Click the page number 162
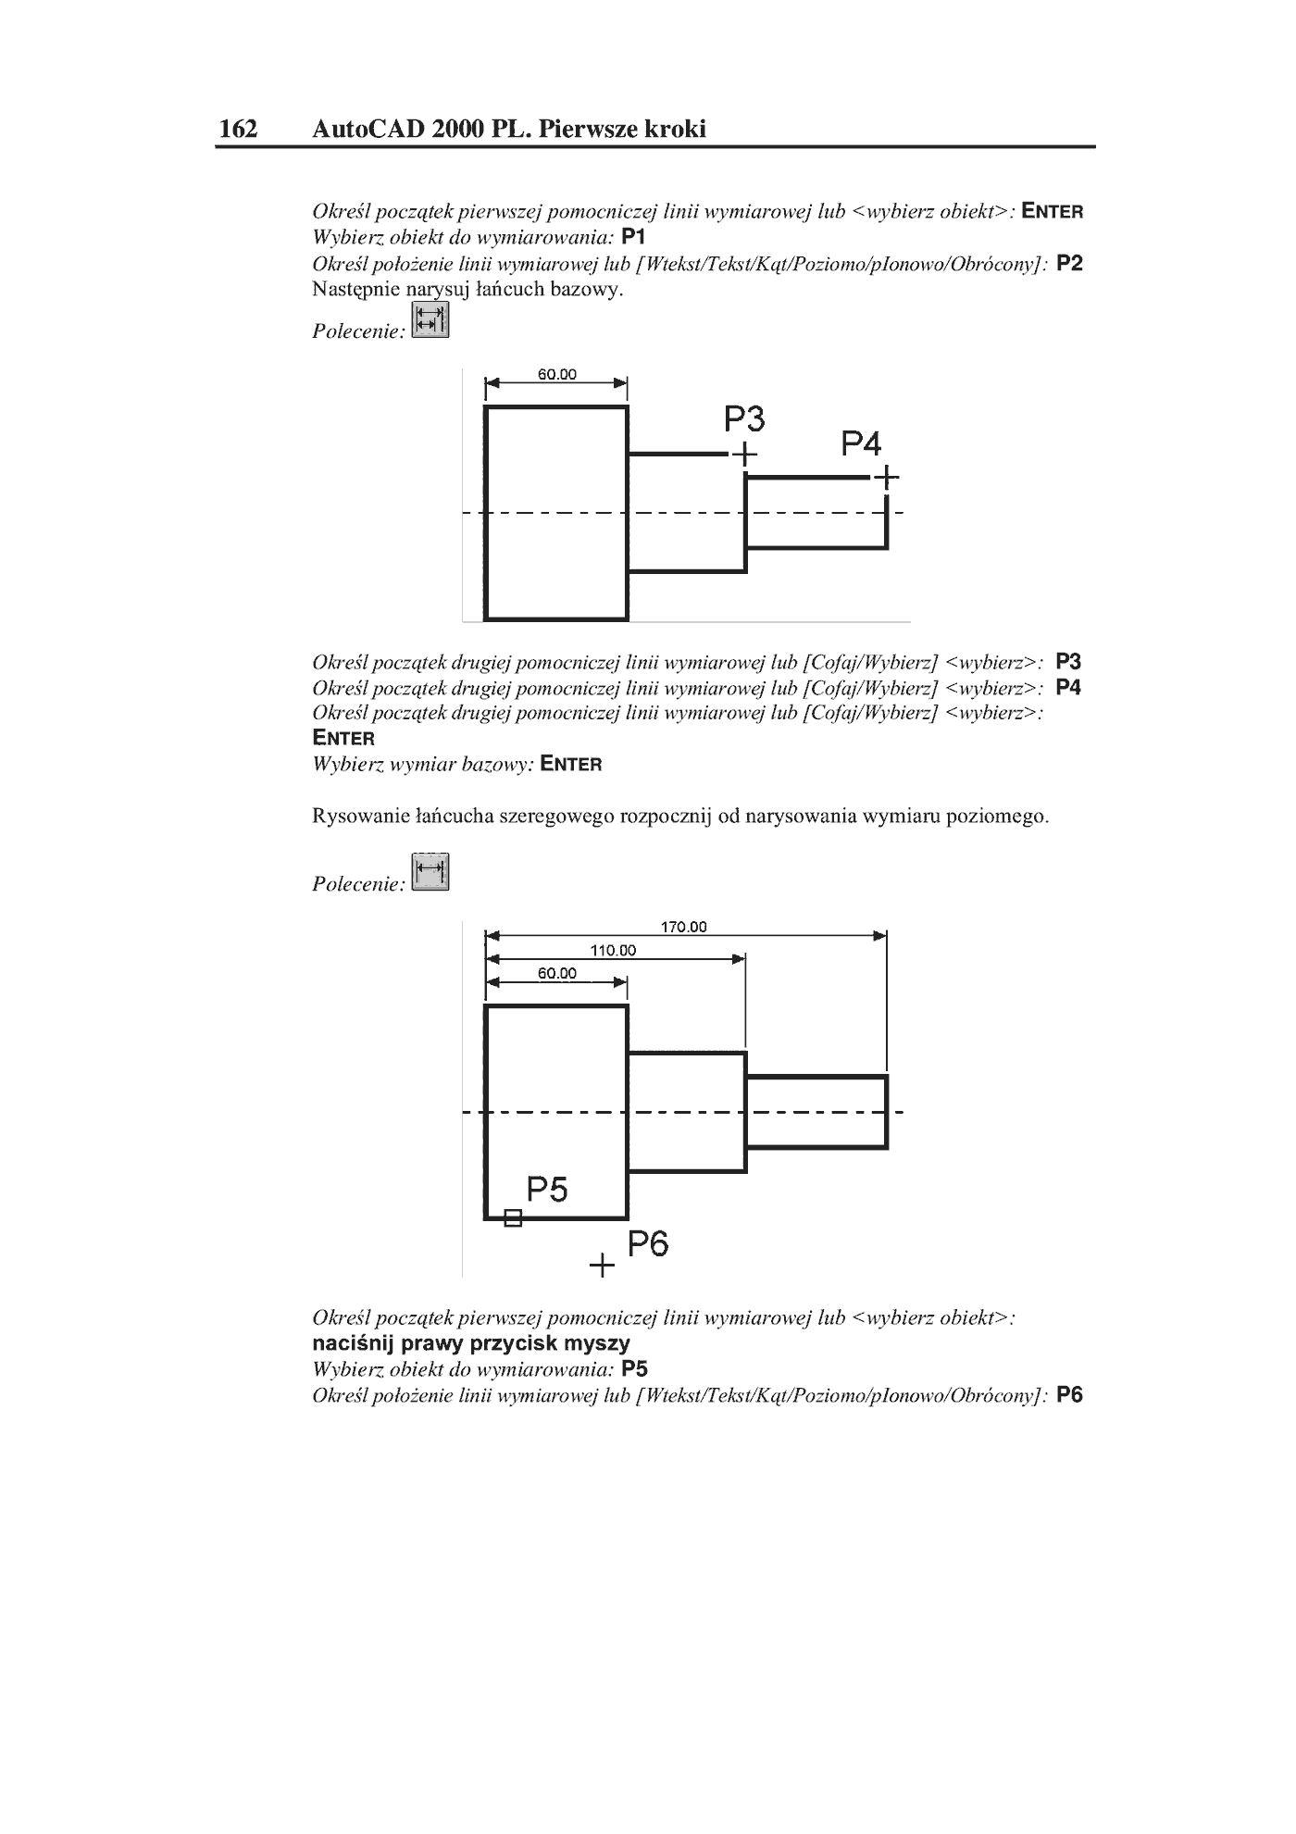point(238,129)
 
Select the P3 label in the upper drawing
point(744,420)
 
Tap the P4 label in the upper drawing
point(861,444)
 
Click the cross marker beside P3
point(744,455)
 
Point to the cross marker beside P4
point(886,478)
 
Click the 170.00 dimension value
point(684,927)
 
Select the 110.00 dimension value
point(614,951)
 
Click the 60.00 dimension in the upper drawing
point(557,375)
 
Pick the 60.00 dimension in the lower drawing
point(557,974)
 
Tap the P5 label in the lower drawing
point(547,1190)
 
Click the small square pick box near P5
point(513,1218)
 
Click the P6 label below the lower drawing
point(648,1244)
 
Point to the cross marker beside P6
point(602,1265)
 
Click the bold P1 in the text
point(633,237)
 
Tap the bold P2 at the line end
point(1069,263)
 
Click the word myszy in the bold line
point(597,1344)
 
